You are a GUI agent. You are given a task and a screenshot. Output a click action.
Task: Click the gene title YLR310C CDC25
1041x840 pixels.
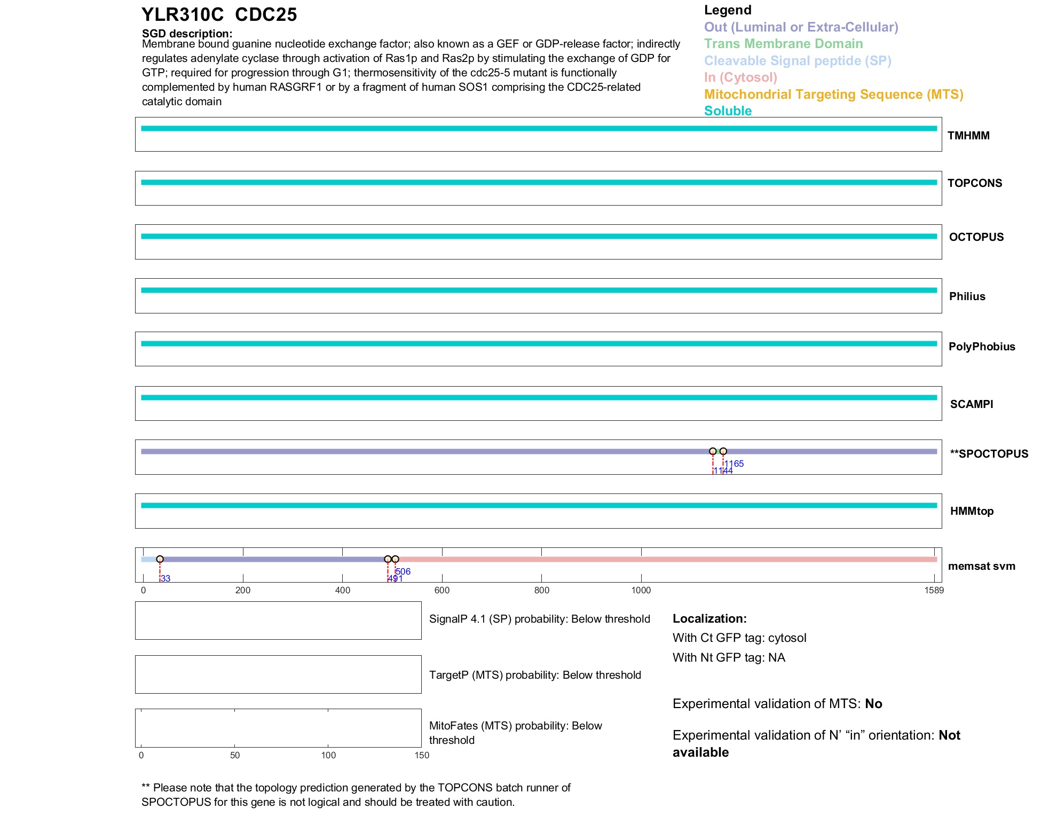click(x=219, y=14)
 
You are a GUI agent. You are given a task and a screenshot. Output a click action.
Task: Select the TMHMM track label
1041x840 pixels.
click(x=968, y=136)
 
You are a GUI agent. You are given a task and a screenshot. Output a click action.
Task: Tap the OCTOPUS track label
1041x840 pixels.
click(x=976, y=237)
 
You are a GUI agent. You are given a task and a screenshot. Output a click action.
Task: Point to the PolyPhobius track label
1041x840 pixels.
click(x=981, y=347)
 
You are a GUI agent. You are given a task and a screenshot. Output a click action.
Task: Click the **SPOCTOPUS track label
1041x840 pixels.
click(x=989, y=454)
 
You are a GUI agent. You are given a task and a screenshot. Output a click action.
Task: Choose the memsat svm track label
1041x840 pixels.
click(x=981, y=566)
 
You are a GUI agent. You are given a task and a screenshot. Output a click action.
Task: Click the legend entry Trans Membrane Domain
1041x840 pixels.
click(x=783, y=44)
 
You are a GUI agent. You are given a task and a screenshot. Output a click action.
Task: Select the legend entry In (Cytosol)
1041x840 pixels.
click(x=740, y=77)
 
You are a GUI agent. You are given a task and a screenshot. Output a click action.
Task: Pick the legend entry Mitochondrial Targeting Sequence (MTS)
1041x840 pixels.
click(x=833, y=95)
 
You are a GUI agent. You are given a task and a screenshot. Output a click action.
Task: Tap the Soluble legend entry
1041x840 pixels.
click(x=728, y=111)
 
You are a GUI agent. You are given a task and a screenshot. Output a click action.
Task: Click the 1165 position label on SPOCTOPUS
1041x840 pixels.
click(x=734, y=464)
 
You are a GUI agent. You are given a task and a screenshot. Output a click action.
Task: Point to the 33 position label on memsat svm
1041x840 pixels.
click(x=165, y=579)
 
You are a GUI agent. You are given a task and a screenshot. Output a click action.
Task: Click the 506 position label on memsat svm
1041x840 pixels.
click(x=404, y=571)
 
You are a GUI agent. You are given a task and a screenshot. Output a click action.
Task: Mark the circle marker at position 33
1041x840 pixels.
click(x=160, y=559)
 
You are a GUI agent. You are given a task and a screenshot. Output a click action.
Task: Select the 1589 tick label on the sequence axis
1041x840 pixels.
click(x=934, y=590)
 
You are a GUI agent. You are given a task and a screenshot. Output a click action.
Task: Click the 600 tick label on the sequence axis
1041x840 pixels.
click(x=442, y=590)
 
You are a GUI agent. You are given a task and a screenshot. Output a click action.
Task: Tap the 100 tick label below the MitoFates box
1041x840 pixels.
click(x=328, y=755)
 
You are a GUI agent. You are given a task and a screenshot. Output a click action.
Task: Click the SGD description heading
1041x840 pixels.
click(x=187, y=34)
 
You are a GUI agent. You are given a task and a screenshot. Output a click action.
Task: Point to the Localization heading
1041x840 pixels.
click(x=709, y=618)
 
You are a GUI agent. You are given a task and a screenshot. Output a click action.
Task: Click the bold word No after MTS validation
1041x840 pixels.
click(x=873, y=704)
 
